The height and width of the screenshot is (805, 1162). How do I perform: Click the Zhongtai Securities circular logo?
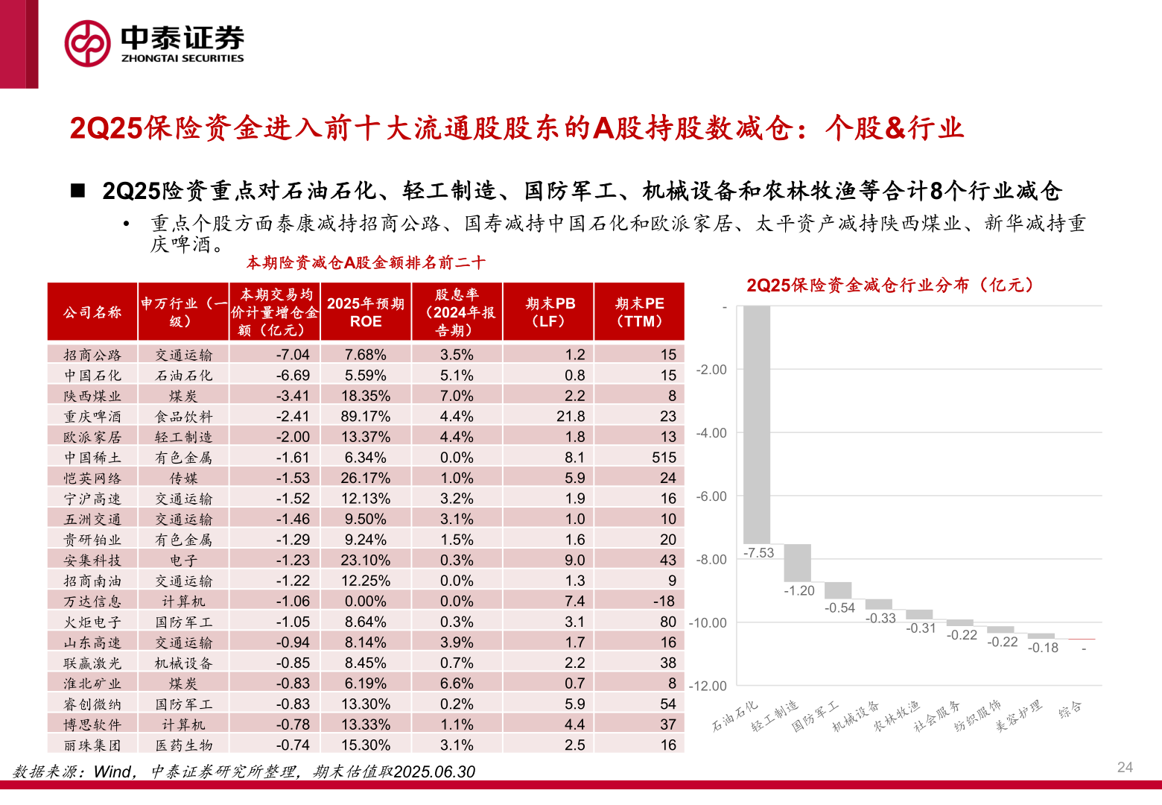[88, 43]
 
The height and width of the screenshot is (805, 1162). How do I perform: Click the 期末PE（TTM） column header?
[639, 312]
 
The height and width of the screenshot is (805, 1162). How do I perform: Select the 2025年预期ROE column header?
[366, 312]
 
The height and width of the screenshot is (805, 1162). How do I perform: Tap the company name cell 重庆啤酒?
[92, 417]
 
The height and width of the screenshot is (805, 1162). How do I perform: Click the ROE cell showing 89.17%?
[366, 417]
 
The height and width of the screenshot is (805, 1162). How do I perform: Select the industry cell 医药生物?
[183, 745]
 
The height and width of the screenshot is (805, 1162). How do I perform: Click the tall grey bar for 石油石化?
[757, 425]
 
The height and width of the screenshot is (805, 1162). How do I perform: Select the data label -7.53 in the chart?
[759, 553]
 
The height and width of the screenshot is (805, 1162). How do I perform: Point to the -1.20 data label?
[799, 591]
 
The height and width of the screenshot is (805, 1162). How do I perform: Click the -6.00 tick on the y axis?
[711, 496]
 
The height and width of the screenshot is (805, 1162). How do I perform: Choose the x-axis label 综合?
[1070, 710]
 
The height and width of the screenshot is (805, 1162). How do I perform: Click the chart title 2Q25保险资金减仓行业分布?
[890, 285]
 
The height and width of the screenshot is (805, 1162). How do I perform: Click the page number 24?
[1125, 767]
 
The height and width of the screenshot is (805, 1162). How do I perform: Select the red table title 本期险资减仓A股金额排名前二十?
[366, 262]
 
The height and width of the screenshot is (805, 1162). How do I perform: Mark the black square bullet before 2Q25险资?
[78, 191]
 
